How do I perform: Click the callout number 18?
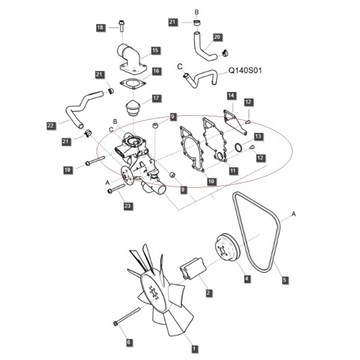pos(100,28)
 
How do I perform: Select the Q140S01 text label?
pos(245,70)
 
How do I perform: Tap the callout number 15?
pos(155,50)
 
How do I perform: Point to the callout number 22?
pos(51,125)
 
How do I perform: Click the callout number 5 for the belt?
pos(284,280)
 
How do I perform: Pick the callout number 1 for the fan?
pos(194,349)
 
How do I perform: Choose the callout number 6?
pos(129,342)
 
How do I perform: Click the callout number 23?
pos(128,206)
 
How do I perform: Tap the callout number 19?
pos(67,170)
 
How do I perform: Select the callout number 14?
pos(231,95)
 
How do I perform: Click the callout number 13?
pos(258,136)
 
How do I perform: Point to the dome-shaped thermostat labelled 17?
pos(133,109)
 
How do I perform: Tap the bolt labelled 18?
pos(121,26)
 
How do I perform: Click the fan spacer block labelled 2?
pos(193,269)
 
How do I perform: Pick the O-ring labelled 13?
pos(238,148)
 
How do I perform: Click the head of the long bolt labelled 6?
pos(116,323)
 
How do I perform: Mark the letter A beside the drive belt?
pos(293,214)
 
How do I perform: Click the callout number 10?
pos(211,181)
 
